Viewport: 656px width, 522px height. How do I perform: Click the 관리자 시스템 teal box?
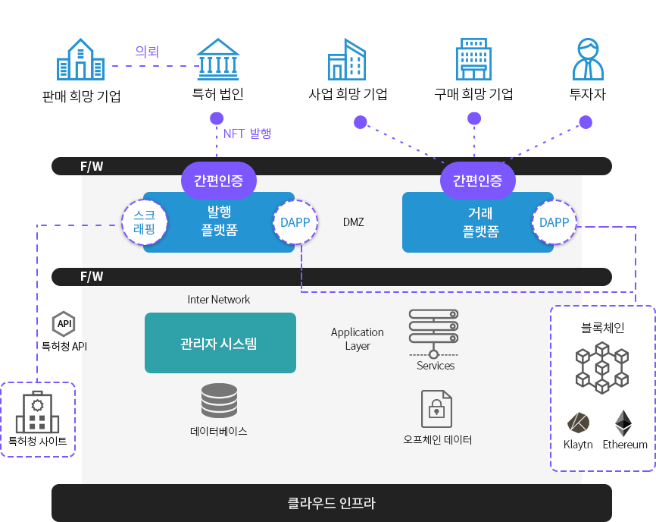coord(220,343)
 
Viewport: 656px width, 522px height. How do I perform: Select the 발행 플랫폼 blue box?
coord(219,221)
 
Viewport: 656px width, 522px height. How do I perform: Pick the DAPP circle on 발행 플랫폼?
coord(295,222)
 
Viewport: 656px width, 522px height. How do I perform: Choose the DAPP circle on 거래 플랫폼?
coord(554,222)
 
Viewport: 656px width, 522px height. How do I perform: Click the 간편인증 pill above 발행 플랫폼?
coord(219,181)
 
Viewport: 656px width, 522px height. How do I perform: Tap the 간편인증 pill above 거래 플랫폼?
coord(477,181)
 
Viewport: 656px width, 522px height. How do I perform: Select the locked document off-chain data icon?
coord(436,409)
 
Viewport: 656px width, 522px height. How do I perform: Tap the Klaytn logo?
coord(578,423)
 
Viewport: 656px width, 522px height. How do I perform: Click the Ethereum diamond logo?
coord(623,423)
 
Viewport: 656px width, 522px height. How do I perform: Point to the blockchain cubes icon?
coord(602,367)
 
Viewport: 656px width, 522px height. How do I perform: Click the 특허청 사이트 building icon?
coord(37,413)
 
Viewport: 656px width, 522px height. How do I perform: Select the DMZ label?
coord(353,222)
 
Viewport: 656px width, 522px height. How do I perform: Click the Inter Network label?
coord(219,300)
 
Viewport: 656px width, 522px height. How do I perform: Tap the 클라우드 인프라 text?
coord(331,503)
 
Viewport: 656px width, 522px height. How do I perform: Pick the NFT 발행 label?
coord(247,134)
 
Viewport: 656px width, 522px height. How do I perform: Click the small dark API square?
coord(64,323)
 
